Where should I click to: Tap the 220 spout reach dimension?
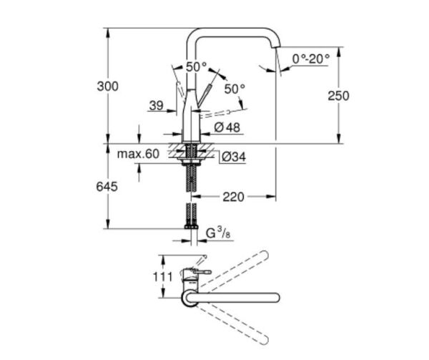pos(233,196)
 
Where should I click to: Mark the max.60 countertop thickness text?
pos(139,154)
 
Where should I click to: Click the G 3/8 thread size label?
pos(216,233)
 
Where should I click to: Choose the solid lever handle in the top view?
pos(201,273)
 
